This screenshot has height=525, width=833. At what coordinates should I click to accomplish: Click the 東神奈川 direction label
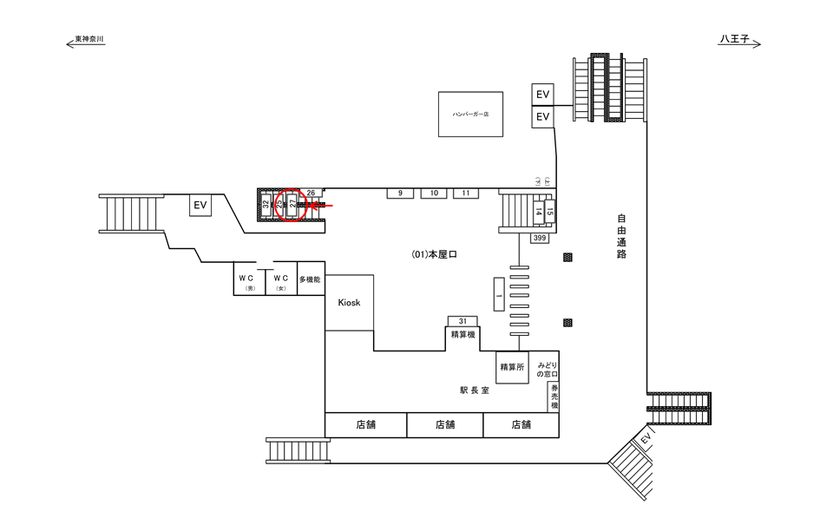click(89, 39)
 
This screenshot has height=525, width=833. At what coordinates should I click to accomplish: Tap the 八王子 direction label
click(738, 39)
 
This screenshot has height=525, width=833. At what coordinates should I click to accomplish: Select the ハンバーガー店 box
click(469, 113)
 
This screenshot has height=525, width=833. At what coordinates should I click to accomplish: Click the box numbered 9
click(400, 193)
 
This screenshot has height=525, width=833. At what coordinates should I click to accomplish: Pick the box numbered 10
click(434, 193)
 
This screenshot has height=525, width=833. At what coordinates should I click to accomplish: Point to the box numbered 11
click(465, 193)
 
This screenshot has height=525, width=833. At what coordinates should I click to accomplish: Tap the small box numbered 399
click(540, 237)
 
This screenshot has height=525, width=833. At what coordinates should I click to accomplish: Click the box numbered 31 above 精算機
click(462, 321)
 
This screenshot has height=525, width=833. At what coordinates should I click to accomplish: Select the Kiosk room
click(349, 302)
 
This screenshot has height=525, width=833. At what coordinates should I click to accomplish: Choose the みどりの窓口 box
click(547, 368)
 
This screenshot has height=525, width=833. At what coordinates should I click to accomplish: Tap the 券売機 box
click(553, 397)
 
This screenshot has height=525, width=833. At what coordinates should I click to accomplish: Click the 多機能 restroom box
click(311, 279)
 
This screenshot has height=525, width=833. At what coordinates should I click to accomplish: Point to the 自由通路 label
click(621, 237)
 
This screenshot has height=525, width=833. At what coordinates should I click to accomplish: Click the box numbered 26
click(312, 192)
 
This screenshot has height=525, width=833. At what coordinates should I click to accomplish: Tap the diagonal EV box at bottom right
click(646, 441)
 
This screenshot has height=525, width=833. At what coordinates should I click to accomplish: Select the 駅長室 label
click(475, 390)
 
